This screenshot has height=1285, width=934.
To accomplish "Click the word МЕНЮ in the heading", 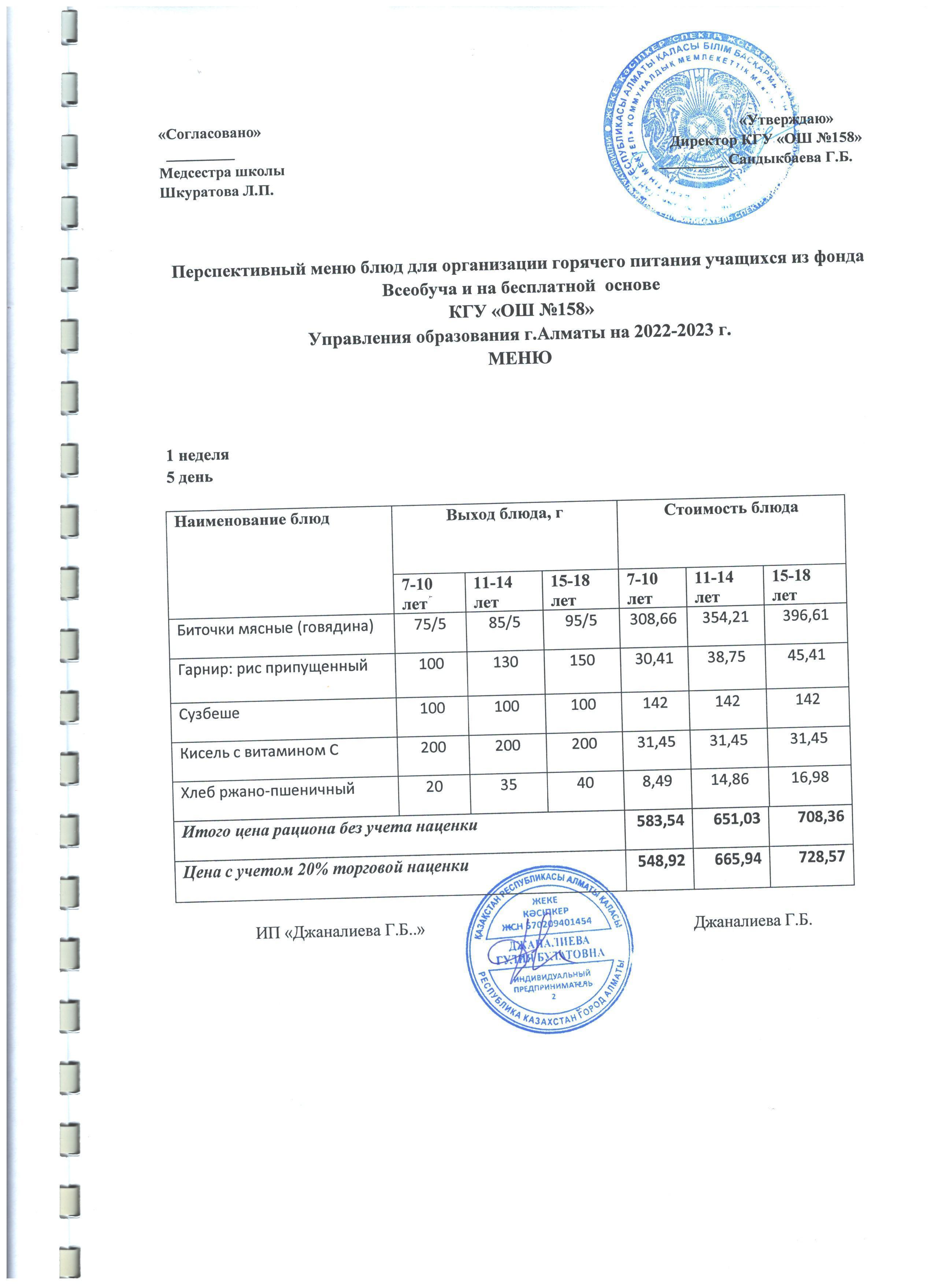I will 520,358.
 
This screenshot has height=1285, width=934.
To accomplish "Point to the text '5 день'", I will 189,477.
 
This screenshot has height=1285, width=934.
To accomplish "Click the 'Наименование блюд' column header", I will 252,519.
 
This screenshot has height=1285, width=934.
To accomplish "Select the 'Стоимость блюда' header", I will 731,508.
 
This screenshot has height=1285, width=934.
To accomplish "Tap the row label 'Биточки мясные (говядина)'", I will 276,628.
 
